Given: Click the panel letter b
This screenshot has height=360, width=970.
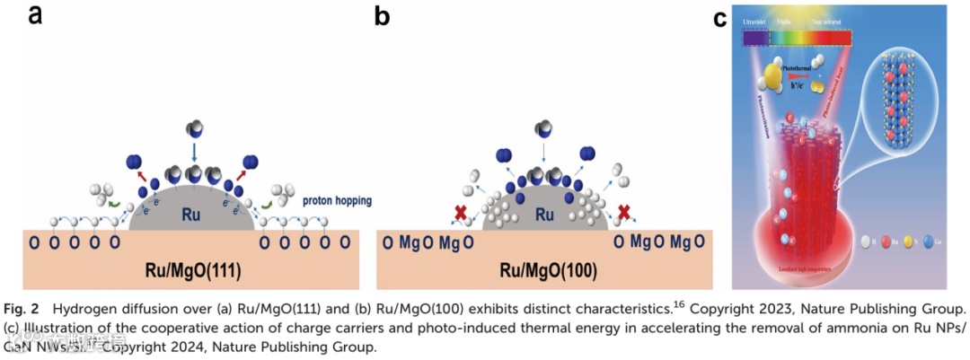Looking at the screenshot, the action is click(382, 15).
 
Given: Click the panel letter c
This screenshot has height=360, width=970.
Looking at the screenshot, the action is click(719, 17).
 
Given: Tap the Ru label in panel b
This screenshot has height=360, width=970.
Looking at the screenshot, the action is click(544, 215).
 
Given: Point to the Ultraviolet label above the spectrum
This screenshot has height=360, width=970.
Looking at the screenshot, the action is click(757, 19).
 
